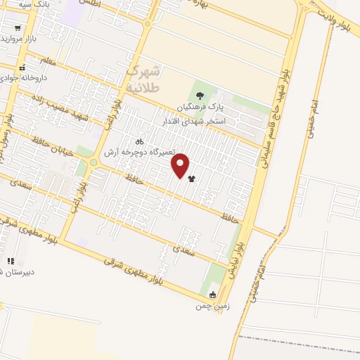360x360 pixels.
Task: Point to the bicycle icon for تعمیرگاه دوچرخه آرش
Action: [x=139, y=140]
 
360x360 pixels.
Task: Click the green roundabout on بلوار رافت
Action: [x=93, y=164]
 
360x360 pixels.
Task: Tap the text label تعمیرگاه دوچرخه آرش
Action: [x=139, y=151]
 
